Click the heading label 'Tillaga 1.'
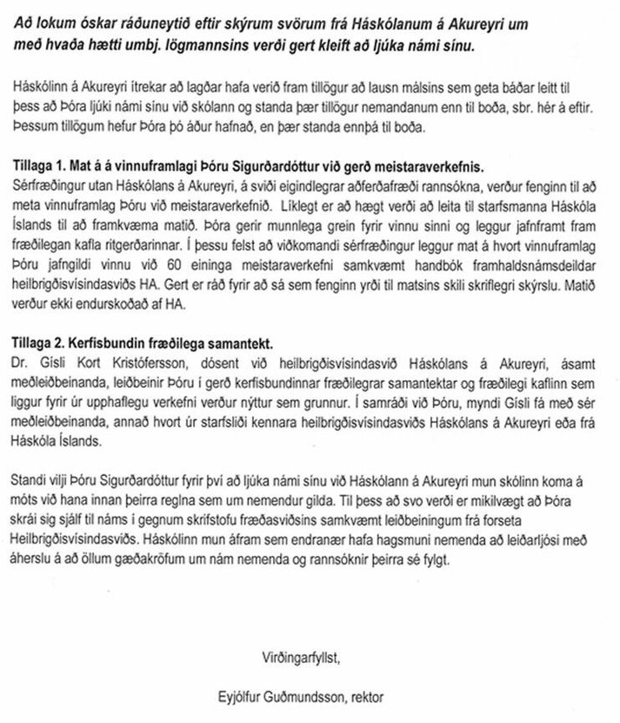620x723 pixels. click(43, 164)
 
